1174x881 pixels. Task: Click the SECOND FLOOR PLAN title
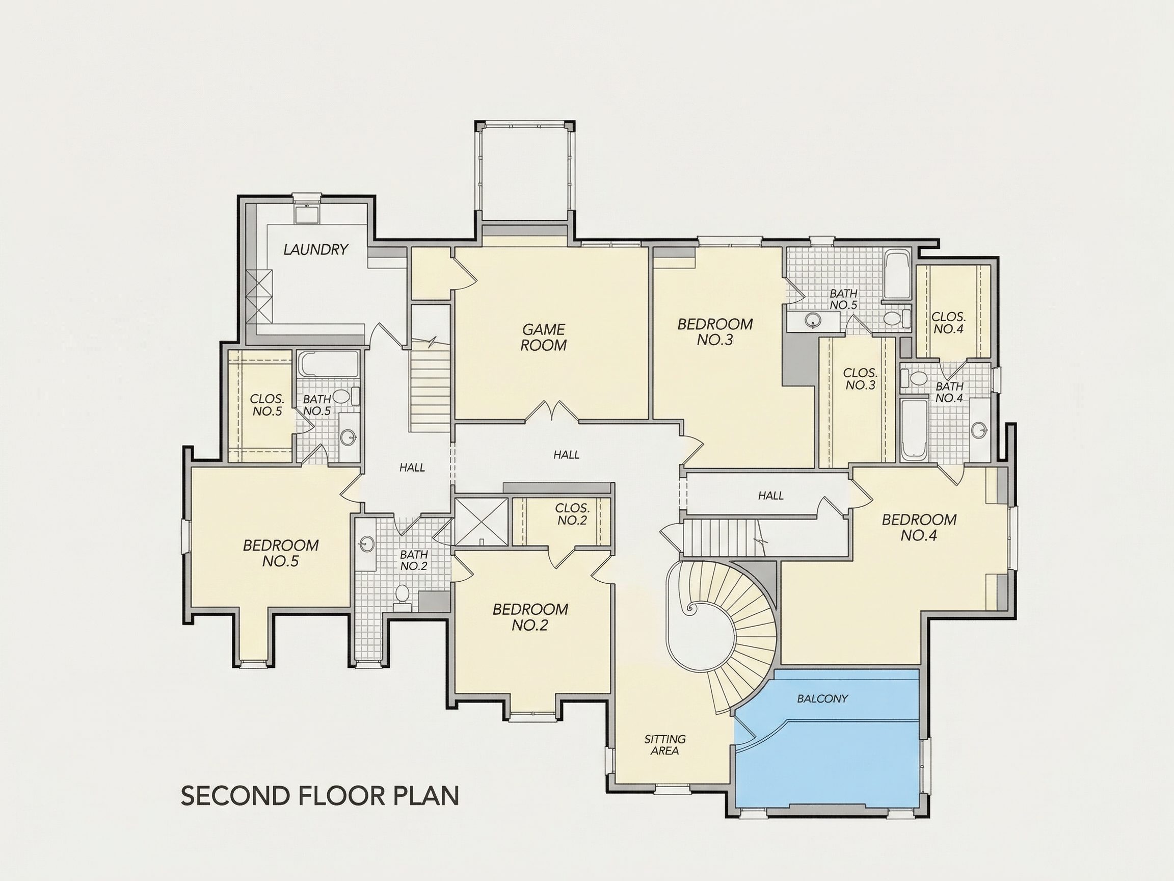tap(320, 795)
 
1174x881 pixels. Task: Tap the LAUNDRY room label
tap(315, 249)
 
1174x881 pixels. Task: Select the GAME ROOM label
tap(543, 337)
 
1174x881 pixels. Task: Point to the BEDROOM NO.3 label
tap(715, 331)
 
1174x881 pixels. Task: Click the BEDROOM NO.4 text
tap(919, 527)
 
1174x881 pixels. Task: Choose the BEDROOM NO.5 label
tap(281, 553)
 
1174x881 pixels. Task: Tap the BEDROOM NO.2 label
tap(530, 617)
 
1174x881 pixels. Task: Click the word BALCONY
tap(822, 699)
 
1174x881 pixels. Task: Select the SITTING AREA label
tap(664, 744)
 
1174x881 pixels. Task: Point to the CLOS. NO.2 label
tap(572, 514)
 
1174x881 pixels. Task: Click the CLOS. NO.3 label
tap(860, 379)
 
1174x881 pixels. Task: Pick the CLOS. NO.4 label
tap(948, 323)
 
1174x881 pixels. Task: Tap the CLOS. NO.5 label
tap(267, 405)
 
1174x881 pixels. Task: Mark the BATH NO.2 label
tap(413, 560)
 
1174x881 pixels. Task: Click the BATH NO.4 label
tap(949, 393)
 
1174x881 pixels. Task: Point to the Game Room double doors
tap(552, 411)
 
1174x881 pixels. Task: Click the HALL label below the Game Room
tap(566, 455)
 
